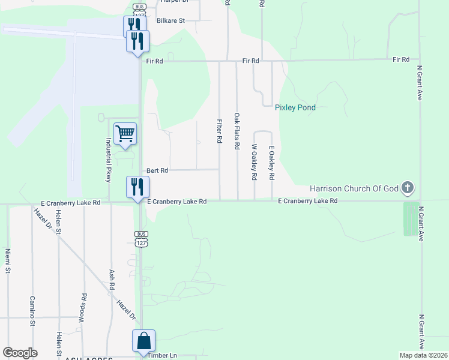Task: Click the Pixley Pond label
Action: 295,108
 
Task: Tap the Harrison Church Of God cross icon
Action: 408,188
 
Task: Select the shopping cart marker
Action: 125,133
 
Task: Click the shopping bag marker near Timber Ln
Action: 144,340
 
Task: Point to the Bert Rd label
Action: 157,170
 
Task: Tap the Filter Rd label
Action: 220,131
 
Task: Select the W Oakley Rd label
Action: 255,162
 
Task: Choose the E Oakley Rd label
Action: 271,163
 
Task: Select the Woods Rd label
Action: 83,308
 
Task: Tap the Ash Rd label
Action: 112,279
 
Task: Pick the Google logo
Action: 20,352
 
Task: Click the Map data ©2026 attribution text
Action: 423,355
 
